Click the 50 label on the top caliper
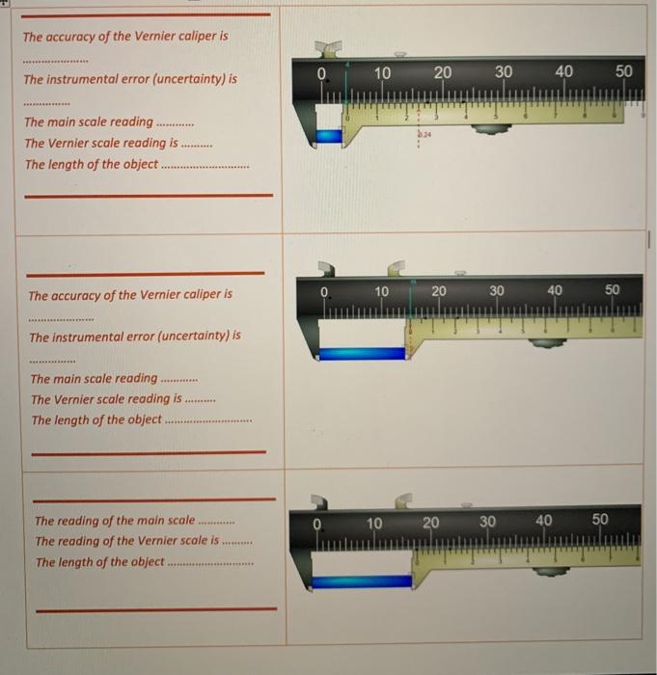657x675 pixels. click(x=623, y=72)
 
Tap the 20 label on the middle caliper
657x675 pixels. click(x=439, y=290)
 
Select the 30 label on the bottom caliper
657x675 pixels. click(x=487, y=522)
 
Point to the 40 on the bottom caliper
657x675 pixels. click(x=543, y=521)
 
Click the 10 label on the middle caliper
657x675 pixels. click(x=382, y=291)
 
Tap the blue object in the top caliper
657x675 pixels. click(x=328, y=137)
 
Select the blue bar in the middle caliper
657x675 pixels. click(x=362, y=353)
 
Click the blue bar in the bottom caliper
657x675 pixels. click(x=363, y=581)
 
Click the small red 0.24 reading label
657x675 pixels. click(x=425, y=135)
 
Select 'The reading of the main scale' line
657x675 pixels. click(x=114, y=521)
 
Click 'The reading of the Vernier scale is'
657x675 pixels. click(x=126, y=541)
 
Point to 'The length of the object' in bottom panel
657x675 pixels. click(x=99, y=561)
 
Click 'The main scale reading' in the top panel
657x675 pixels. click(x=88, y=121)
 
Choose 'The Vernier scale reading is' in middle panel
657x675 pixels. click(x=105, y=398)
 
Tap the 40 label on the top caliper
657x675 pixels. click(x=563, y=72)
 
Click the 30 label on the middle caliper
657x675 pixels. click(x=496, y=290)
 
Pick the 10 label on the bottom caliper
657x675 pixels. click(x=374, y=523)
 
